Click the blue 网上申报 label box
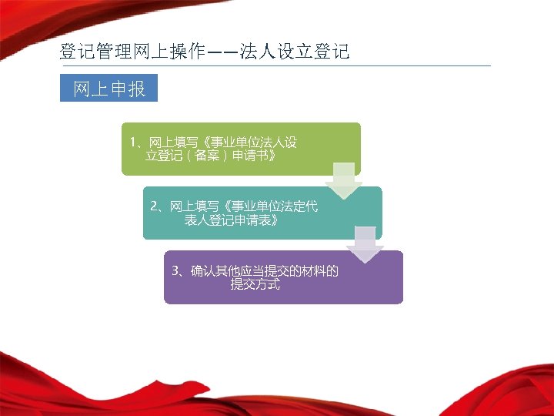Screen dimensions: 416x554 click(x=108, y=89)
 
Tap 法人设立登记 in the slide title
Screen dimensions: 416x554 click(x=295, y=52)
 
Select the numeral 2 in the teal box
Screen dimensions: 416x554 click(x=154, y=206)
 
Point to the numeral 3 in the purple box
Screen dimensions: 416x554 click(x=175, y=271)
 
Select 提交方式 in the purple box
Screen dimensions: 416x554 click(x=255, y=285)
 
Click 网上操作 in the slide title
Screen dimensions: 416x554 click(x=161, y=52)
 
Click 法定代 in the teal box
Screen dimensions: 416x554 click(x=298, y=206)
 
